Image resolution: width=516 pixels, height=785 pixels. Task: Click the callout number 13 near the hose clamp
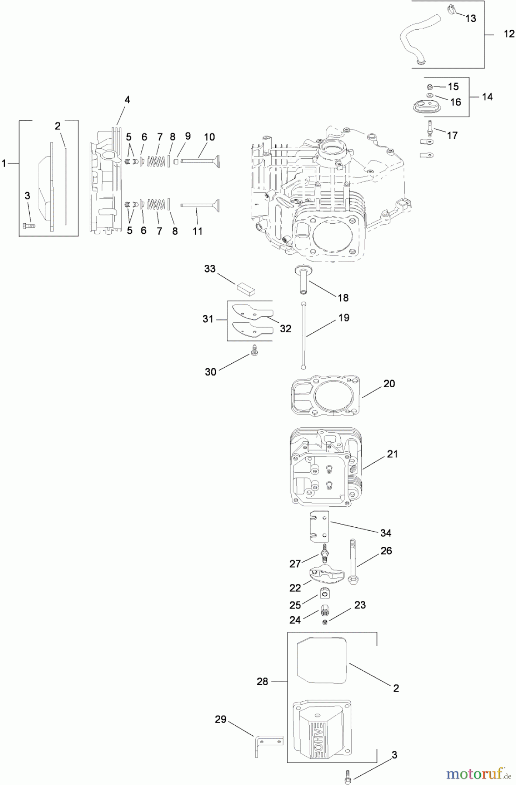[470, 18]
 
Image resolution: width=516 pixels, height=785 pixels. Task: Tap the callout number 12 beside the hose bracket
[509, 34]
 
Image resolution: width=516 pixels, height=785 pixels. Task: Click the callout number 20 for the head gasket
[389, 384]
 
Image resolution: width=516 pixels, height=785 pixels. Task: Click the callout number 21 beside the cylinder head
[393, 454]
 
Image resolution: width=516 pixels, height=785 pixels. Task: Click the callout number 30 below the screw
[210, 372]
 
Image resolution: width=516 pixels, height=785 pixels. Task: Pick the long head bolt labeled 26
[352, 563]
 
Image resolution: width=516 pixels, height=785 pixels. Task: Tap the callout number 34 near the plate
[386, 533]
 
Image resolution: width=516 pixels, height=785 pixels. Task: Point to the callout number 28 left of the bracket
[262, 681]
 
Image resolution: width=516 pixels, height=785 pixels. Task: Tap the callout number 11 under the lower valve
[198, 231]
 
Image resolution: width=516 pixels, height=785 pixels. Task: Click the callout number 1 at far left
[4, 164]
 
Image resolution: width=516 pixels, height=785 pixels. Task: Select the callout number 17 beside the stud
[452, 136]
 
